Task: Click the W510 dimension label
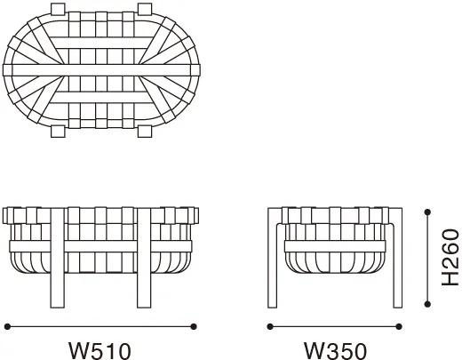(x=100, y=351)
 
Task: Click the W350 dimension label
(x=335, y=351)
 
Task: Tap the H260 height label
(x=450, y=258)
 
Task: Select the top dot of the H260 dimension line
(x=427, y=212)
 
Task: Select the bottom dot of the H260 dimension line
(x=427, y=304)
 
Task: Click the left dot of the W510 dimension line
(x=7, y=326)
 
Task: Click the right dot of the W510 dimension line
(x=194, y=326)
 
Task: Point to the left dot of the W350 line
(x=270, y=326)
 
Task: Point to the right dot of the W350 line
(x=399, y=326)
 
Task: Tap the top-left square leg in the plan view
(x=58, y=9)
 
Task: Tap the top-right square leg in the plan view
(x=145, y=9)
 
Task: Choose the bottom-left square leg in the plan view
(x=58, y=132)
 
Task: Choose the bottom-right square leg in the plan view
(x=145, y=132)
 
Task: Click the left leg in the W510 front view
(x=58, y=258)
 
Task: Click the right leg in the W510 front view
(x=144, y=258)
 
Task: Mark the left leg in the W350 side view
(x=273, y=258)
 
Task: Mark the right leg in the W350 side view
(x=397, y=258)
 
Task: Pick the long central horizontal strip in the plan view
(x=101, y=70)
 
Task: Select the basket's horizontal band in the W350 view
(x=335, y=246)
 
